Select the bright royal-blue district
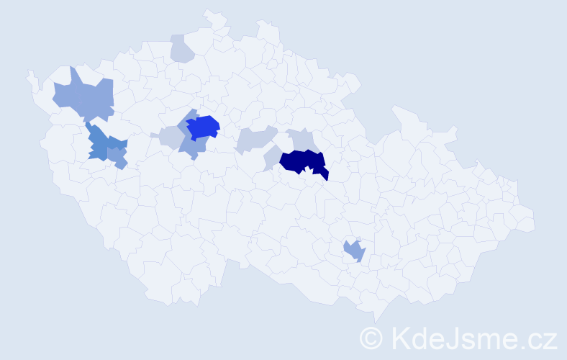(x=203, y=126)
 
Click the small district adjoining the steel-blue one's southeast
(x=119, y=159)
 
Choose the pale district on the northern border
(x=182, y=48)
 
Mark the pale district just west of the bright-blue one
(x=171, y=137)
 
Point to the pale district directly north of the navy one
(x=301, y=139)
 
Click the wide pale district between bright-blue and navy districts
(x=255, y=138)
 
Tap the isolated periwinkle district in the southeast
(x=354, y=251)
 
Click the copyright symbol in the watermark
(x=371, y=337)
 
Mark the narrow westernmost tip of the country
(x=30, y=74)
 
